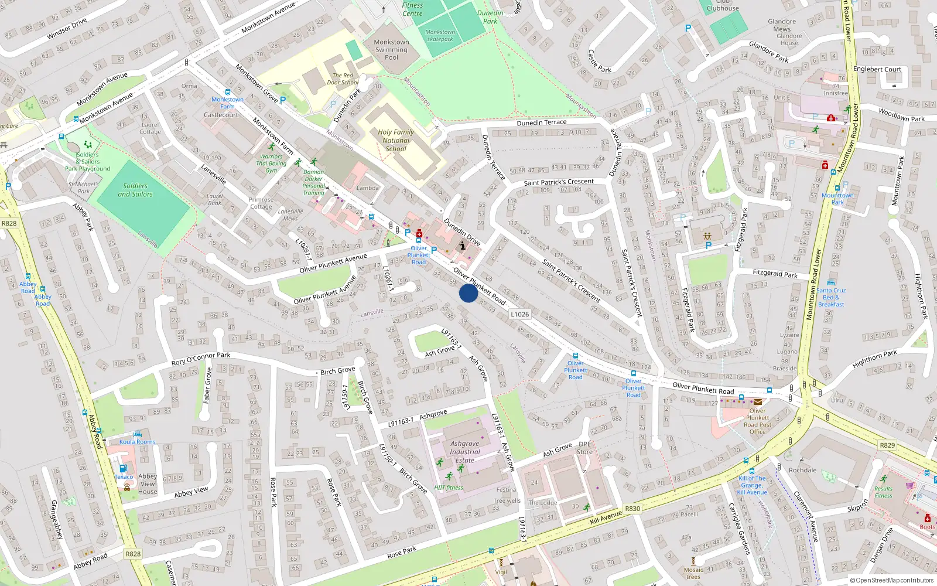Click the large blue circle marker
(468, 293)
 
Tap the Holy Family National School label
(396, 141)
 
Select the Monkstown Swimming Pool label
(391, 50)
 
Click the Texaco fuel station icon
(123, 469)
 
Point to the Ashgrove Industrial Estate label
(465, 452)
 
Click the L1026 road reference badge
(519, 314)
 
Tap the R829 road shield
(887, 445)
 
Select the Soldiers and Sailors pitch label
(135, 190)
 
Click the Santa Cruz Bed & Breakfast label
(831, 297)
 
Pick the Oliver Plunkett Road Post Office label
(757, 421)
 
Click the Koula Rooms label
(138, 442)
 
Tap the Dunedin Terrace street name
(541, 122)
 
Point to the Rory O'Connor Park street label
(201, 358)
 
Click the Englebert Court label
(877, 69)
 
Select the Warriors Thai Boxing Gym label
(271, 163)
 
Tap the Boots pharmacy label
(927, 527)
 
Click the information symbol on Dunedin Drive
(463, 246)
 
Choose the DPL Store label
(584, 448)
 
